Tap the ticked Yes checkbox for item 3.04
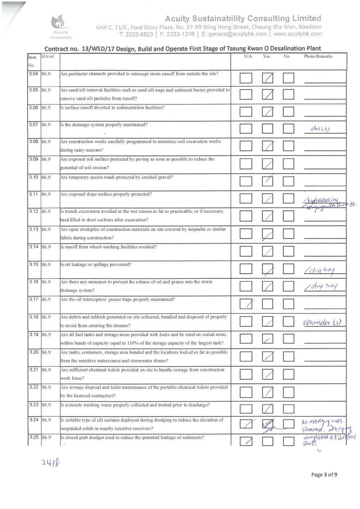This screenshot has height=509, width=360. point(268,78)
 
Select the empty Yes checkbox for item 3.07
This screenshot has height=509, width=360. point(268,129)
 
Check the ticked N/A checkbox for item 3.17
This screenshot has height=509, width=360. point(246,304)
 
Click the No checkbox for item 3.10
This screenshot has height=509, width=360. point(289,181)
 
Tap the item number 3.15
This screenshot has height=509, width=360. point(34,264)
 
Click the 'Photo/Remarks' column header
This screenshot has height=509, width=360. point(318,57)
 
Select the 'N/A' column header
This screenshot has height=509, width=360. point(248,57)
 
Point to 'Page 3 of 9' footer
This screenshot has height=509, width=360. point(324,474)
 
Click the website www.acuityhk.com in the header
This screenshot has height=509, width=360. point(298,34)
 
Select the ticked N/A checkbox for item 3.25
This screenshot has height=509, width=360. point(246,441)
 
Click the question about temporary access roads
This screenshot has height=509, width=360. point(117,178)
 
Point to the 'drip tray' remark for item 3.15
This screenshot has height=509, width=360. point(320,270)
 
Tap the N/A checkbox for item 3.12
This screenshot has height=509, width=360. point(246,216)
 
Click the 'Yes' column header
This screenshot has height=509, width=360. point(266,57)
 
